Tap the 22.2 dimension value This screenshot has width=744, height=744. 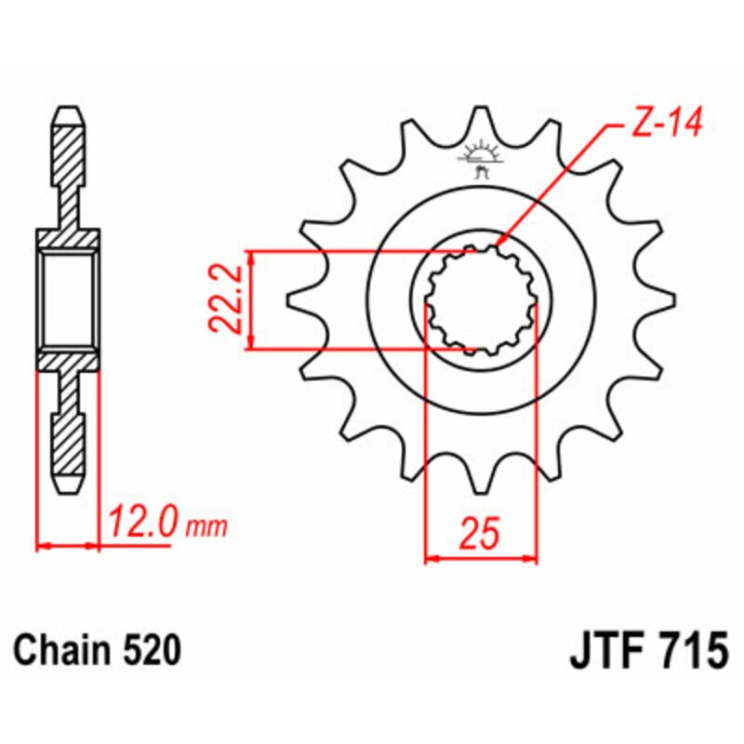[x=223, y=299]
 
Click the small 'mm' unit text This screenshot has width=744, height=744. [x=209, y=527]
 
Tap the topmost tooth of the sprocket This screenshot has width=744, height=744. [x=481, y=121]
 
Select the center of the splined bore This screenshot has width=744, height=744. [x=481, y=300]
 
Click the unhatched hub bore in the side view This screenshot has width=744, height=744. [x=67, y=300]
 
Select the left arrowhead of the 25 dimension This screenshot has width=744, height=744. [x=430, y=559]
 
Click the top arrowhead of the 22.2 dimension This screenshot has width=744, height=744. [x=249, y=256]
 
